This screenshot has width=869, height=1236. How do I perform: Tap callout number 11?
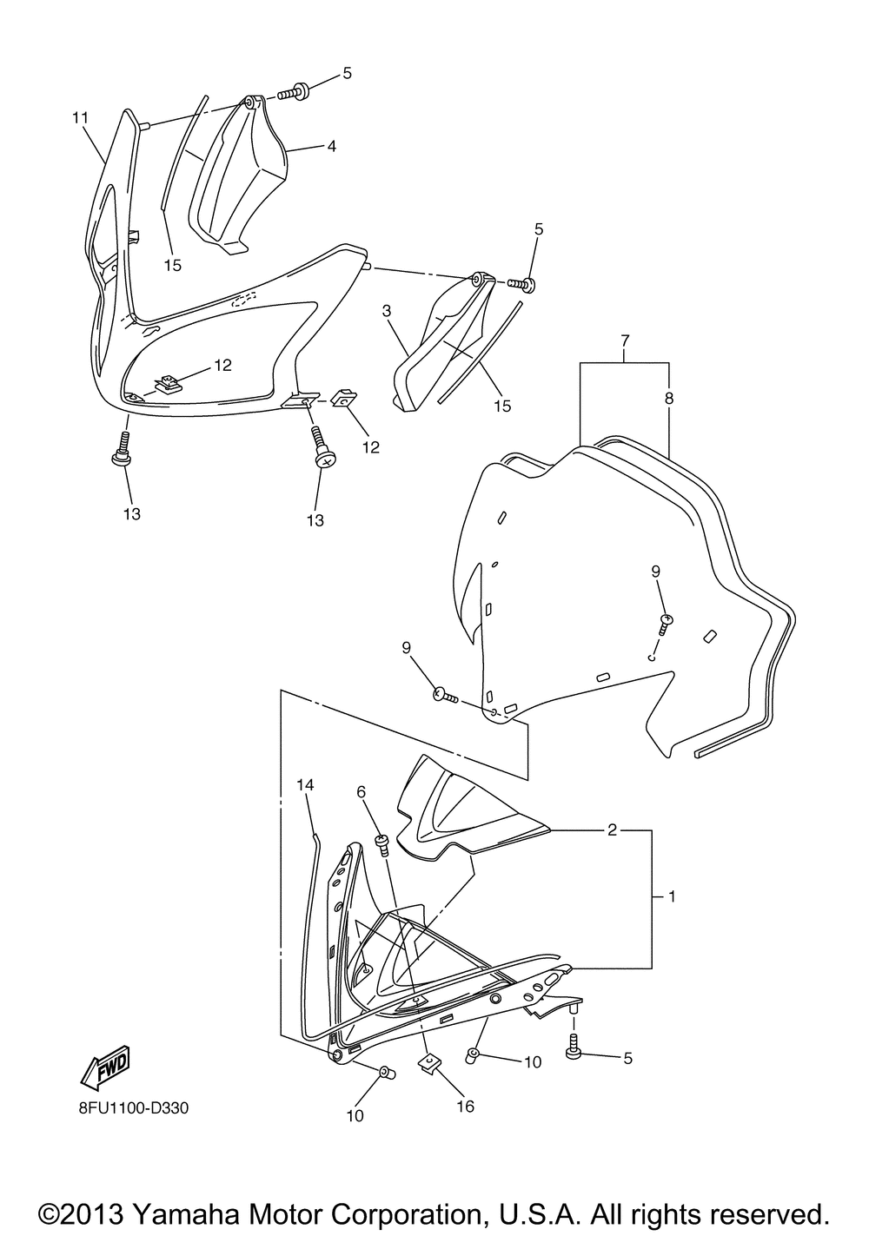(x=80, y=117)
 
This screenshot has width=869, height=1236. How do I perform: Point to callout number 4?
(x=331, y=146)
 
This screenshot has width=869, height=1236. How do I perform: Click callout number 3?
(x=387, y=311)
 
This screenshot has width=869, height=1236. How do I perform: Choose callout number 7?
(x=625, y=340)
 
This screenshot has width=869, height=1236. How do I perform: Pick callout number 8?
(x=669, y=399)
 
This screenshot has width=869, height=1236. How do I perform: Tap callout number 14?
(x=305, y=784)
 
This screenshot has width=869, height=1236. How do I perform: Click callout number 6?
(x=362, y=792)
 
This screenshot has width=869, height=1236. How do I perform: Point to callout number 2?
(x=612, y=830)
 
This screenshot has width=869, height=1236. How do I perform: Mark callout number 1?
(x=672, y=897)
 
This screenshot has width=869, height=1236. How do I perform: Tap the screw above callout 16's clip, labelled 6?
(x=382, y=844)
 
